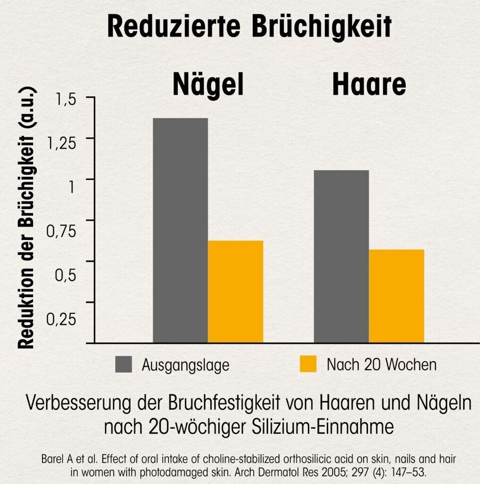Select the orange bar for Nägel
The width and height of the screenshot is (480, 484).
(236, 292)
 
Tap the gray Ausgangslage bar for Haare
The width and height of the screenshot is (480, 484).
(341, 256)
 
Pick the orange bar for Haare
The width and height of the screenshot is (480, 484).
(396, 296)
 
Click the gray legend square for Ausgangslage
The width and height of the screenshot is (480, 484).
(124, 365)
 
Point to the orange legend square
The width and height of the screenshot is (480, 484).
(308, 364)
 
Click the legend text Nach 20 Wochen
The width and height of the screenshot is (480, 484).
(381, 365)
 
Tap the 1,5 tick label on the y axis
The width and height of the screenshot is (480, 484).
(66, 100)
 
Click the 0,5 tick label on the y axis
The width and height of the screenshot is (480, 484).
(66, 275)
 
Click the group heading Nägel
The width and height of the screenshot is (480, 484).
(208, 85)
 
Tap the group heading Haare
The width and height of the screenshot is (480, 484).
(369, 85)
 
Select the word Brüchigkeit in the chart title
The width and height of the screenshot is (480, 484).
(321, 27)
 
